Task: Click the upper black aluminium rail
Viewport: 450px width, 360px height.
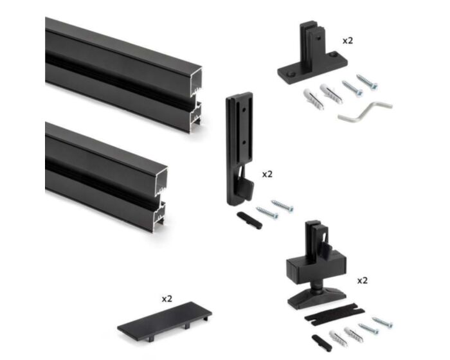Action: [x=116, y=64]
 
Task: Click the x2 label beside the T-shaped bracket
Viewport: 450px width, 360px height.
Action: [x=347, y=40]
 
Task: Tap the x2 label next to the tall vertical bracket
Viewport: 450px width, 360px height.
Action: [x=267, y=174]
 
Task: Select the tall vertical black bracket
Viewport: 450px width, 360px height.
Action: [x=239, y=141]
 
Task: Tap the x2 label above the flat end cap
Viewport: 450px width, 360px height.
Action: [x=166, y=298]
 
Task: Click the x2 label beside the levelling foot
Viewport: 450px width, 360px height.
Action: [x=362, y=281]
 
